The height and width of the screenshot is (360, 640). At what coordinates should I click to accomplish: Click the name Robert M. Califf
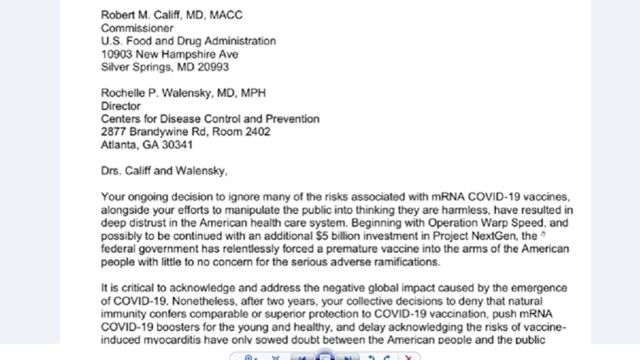[x=142, y=15]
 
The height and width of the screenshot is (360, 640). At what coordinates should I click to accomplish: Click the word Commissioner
[x=137, y=28]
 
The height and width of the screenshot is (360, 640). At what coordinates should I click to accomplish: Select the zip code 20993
[x=213, y=67]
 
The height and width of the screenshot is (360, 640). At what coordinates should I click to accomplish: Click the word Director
[x=120, y=106]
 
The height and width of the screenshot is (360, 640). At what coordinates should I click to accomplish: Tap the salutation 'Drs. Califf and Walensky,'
[x=164, y=171]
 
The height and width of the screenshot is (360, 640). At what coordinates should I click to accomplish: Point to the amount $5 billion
[x=338, y=236]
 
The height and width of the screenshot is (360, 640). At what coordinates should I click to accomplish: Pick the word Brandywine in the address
[x=161, y=132]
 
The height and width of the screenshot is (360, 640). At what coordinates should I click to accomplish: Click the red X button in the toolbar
[x=408, y=357]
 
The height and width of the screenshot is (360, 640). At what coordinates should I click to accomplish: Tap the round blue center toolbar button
[x=325, y=356]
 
